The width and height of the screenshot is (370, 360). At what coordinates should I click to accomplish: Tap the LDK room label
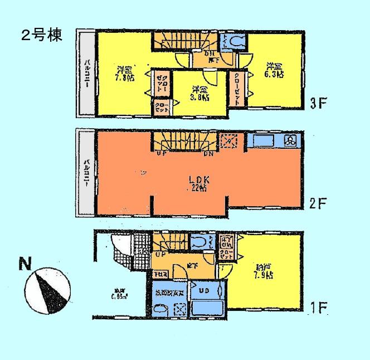click(197, 181)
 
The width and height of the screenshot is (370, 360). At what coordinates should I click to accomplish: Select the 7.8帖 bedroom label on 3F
click(125, 74)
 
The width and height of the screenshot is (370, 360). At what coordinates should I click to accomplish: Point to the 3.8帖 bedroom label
click(201, 93)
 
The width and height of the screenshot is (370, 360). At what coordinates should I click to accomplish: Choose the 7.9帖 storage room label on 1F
click(261, 271)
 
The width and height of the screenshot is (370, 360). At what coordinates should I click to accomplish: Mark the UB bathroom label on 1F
click(205, 291)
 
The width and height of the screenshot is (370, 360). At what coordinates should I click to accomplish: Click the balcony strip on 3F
click(86, 72)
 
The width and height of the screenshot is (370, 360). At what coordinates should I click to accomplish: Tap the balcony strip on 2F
click(86, 172)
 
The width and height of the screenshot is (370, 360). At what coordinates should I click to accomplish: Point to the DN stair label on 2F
click(192, 153)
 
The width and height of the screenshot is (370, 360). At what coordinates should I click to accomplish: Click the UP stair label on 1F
click(160, 254)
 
